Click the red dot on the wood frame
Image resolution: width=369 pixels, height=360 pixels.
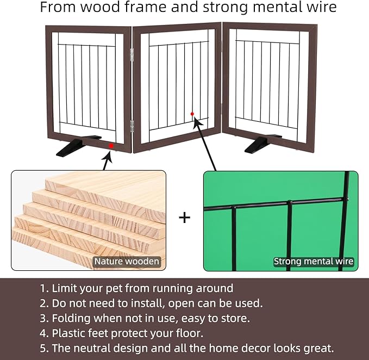[x=111, y=146]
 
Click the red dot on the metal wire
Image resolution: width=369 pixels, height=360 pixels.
[x=192, y=114]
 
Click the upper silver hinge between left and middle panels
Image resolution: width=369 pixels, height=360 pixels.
[x=132, y=55]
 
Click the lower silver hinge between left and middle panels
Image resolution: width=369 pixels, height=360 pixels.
[x=132, y=126]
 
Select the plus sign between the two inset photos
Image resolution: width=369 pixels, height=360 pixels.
[x=185, y=218]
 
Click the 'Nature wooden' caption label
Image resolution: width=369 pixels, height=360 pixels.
[x=127, y=262]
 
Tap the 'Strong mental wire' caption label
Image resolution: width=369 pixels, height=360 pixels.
[x=314, y=262]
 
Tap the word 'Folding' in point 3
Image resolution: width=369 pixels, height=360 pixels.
[x=71, y=318]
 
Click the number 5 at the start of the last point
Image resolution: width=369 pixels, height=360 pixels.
[x=43, y=349]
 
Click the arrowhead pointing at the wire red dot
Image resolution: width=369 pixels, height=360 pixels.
[x=197, y=123]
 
